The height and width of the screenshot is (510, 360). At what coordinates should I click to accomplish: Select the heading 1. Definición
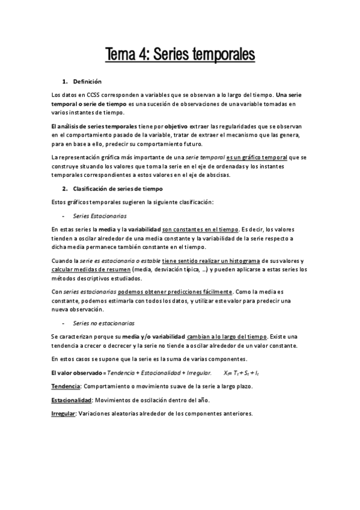click(87, 81)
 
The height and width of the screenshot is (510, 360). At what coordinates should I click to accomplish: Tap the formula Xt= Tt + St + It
click(241, 373)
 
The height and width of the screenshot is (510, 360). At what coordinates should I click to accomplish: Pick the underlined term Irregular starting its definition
click(63, 414)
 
